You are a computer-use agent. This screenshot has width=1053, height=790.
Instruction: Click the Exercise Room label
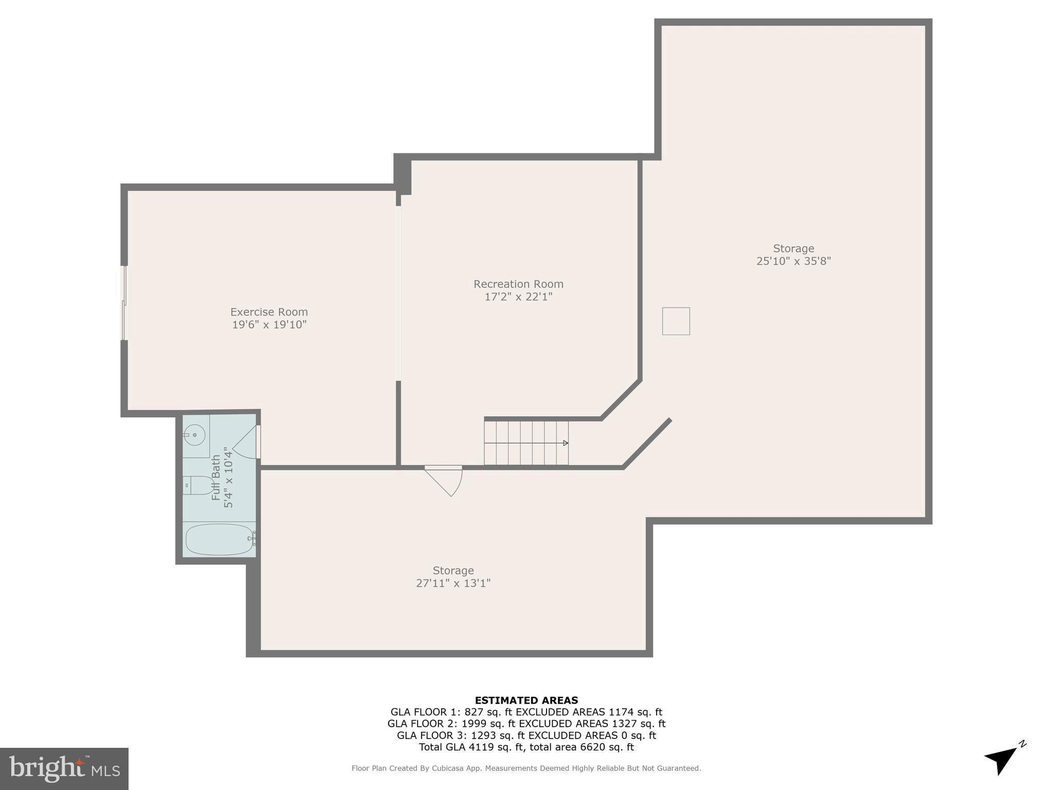[x=269, y=312]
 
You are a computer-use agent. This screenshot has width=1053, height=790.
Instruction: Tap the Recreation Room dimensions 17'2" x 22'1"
[x=518, y=297]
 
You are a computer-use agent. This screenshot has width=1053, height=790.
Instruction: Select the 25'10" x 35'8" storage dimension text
[x=793, y=261]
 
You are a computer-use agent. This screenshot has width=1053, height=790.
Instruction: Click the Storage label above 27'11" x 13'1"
[x=453, y=570]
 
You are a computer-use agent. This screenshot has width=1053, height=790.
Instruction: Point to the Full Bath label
[x=216, y=477]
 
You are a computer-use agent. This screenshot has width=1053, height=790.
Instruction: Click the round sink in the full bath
[x=195, y=435]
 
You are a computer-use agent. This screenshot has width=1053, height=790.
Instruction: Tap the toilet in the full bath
[x=199, y=485]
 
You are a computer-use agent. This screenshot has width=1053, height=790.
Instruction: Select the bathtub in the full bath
[x=219, y=539]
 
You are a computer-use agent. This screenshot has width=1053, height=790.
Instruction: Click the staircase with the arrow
[x=526, y=443]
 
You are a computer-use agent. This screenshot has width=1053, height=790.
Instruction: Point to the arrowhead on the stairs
[x=566, y=443]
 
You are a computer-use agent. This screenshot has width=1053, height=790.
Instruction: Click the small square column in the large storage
[x=676, y=321]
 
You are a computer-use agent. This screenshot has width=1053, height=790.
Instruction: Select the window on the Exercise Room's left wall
[x=123, y=303]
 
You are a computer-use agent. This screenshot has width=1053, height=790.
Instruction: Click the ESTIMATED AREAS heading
[x=526, y=700]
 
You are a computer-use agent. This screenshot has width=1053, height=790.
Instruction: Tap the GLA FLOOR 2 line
[x=526, y=724]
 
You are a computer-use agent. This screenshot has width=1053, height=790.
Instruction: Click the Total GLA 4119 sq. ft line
[x=526, y=747]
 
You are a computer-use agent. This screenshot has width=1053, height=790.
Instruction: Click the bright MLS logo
[x=64, y=768]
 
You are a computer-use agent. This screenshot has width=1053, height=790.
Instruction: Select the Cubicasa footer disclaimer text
[x=526, y=768]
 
